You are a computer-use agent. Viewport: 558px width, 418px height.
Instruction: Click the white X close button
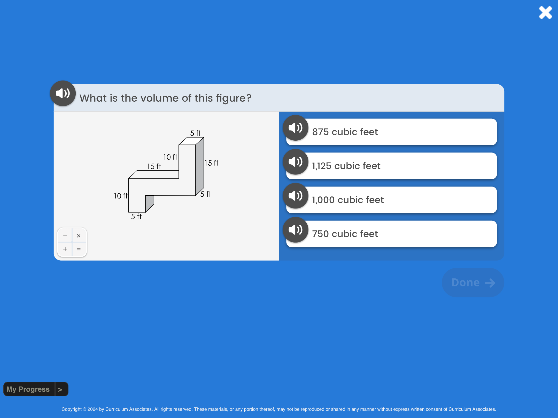coord(545,12)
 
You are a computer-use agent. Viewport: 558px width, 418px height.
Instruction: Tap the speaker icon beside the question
coord(63,93)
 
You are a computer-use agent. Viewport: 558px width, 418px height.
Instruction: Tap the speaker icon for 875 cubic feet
coord(296,128)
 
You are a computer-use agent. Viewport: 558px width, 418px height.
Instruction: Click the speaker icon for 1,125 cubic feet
coord(296,162)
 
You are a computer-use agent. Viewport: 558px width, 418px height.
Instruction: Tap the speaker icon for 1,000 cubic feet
coord(296,196)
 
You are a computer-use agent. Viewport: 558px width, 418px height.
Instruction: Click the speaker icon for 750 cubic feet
coord(296,230)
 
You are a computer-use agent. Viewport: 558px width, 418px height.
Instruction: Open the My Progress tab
coord(36,389)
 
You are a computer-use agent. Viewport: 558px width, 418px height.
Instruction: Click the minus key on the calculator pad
coord(65,236)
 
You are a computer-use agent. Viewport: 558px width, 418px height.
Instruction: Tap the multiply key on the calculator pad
coord(79,236)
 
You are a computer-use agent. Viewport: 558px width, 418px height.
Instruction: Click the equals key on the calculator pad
coord(79,249)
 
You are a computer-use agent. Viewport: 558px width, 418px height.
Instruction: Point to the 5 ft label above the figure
coord(196,133)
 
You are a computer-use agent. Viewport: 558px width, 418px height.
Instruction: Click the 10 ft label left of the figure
coord(121,196)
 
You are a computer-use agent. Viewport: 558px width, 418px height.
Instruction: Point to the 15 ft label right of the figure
coord(212,163)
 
